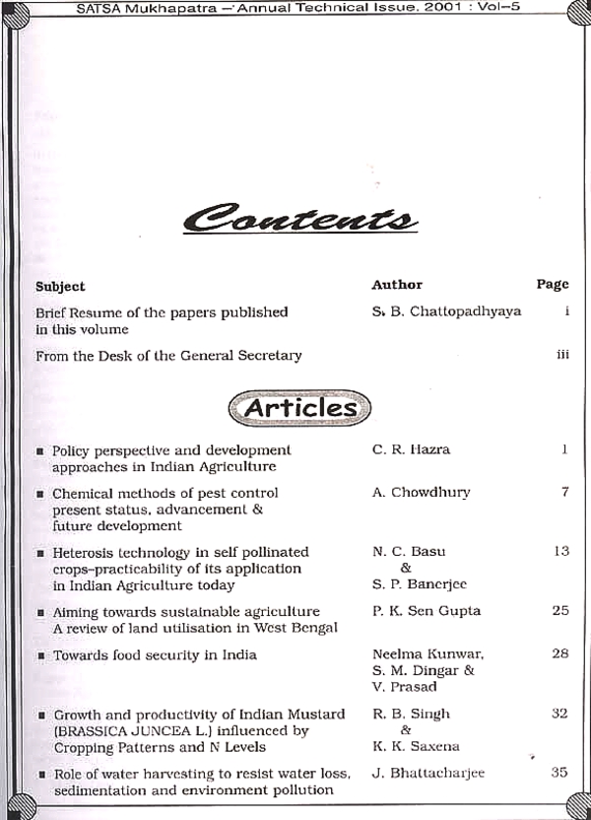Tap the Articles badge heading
pyautogui.click(x=299, y=407)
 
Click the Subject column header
pyautogui.click(x=60, y=286)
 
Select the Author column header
pyautogui.click(x=397, y=285)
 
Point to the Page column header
pyautogui.click(x=553, y=284)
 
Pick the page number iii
pyautogui.click(x=562, y=355)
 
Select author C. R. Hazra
pyautogui.click(x=410, y=449)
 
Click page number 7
pyautogui.click(x=564, y=492)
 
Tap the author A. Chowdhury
pyautogui.click(x=421, y=492)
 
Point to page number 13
pyautogui.click(x=560, y=551)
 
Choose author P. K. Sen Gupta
pyautogui.click(x=427, y=611)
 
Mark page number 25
pyautogui.click(x=560, y=611)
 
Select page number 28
pyautogui.click(x=560, y=654)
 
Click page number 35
pyautogui.click(x=559, y=773)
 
